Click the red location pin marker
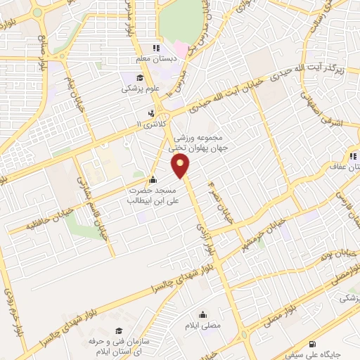tap(181, 166)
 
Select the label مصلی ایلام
tap(204, 326)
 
